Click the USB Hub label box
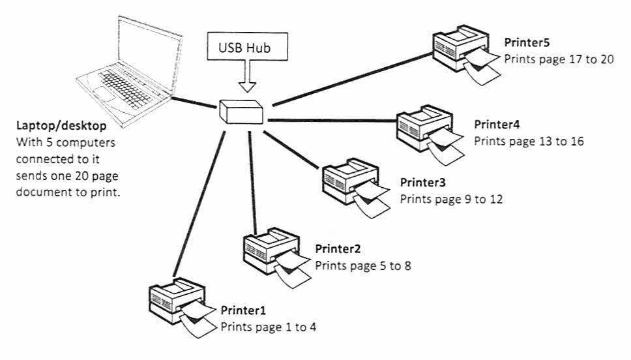(247, 47)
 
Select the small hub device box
(241, 112)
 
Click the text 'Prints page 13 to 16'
(529, 142)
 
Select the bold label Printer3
(422, 183)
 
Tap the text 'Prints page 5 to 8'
(363, 266)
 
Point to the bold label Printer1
(243, 310)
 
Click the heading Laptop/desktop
(61, 126)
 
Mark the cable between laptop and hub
(194, 102)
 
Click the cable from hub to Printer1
(199, 203)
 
